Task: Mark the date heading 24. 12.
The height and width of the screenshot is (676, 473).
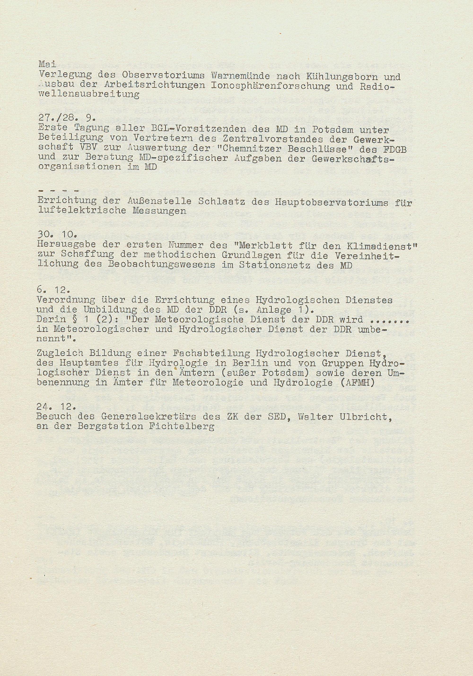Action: [x=57, y=407]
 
